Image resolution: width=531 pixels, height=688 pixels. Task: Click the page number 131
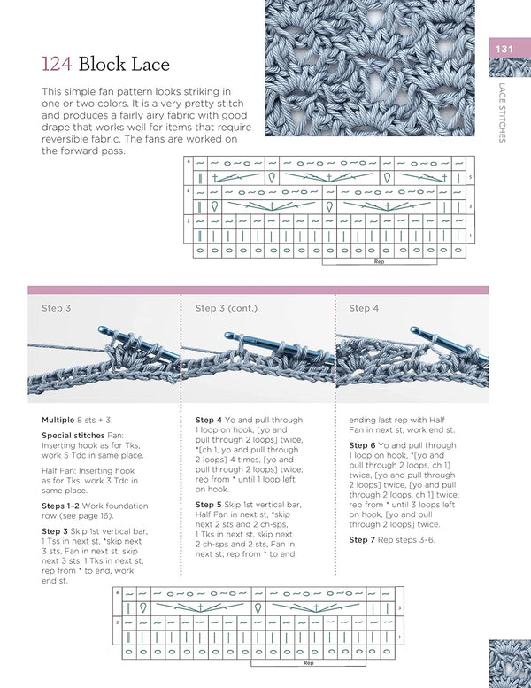(x=504, y=49)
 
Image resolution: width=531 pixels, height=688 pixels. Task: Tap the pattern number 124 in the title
(x=58, y=64)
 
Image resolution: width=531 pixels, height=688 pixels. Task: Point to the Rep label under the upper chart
(x=379, y=262)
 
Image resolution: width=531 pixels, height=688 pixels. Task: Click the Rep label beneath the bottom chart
(x=308, y=661)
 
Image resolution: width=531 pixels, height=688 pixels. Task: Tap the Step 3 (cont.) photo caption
(x=226, y=308)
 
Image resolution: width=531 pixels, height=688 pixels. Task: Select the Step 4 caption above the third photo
(x=365, y=308)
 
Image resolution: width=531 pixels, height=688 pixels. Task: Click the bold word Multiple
(x=58, y=420)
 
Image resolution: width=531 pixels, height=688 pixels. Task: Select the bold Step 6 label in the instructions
(x=365, y=445)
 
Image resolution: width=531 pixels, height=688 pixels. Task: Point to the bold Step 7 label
(x=365, y=540)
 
